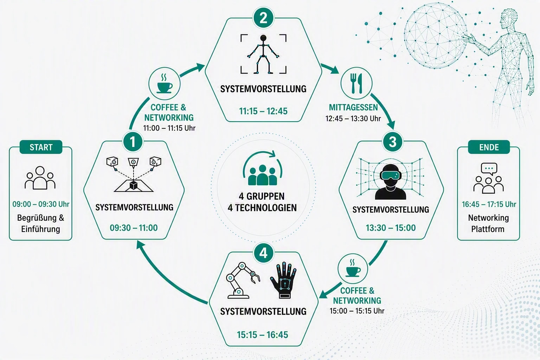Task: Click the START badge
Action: pyautogui.click(x=41, y=147)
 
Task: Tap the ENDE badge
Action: pyautogui.click(x=489, y=147)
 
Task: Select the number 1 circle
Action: pyautogui.click(x=133, y=142)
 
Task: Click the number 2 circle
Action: pyautogui.click(x=263, y=18)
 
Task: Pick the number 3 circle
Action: pyautogui.click(x=393, y=142)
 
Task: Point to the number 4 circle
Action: pyautogui.click(x=263, y=253)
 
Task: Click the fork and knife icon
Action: pyautogui.click(x=356, y=83)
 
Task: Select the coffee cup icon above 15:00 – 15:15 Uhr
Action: pyautogui.click(x=353, y=268)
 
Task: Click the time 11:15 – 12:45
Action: pyautogui.click(x=263, y=111)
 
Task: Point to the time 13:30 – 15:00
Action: pyautogui.click(x=391, y=228)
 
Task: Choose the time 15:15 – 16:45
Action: pyautogui.click(x=263, y=335)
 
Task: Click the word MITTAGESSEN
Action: pyautogui.click(x=353, y=107)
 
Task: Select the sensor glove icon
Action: pyautogui.click(x=283, y=280)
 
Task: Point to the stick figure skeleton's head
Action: pyautogui.click(x=263, y=38)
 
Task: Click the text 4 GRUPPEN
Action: pyautogui.click(x=262, y=196)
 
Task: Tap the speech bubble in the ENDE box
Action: pyautogui.click(x=489, y=169)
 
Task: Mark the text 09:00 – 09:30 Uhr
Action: pyautogui.click(x=41, y=204)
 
